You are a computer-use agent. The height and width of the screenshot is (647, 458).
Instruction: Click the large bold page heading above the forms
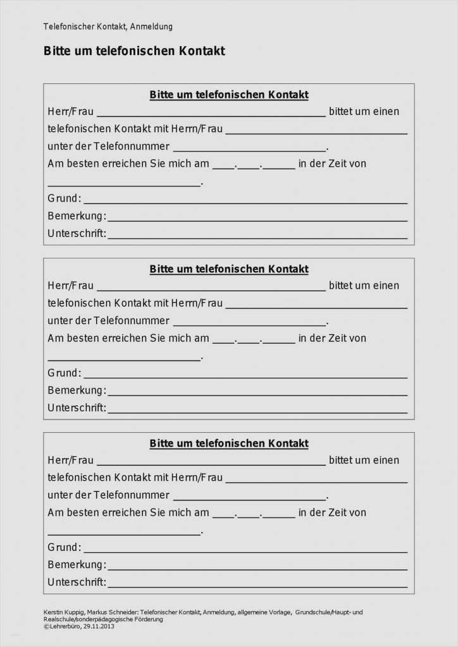click(x=134, y=51)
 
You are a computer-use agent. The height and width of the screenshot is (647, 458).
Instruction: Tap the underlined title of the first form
click(x=229, y=95)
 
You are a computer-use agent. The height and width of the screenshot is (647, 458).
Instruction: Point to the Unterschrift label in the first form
click(x=77, y=234)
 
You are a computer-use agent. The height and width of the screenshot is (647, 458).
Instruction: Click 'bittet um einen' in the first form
click(x=364, y=111)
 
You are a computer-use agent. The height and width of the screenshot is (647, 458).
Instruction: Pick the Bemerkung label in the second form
click(x=77, y=390)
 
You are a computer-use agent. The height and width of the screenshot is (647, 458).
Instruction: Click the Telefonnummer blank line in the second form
click(x=250, y=323)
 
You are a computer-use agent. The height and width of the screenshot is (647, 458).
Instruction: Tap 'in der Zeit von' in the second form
click(x=332, y=338)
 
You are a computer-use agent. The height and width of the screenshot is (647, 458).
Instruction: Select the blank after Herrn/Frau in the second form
click(x=316, y=306)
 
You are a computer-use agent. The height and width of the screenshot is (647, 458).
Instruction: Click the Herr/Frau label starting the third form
click(x=70, y=460)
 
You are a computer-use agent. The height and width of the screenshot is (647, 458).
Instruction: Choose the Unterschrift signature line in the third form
click(x=257, y=585)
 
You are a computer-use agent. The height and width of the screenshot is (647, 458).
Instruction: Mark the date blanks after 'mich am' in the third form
click(x=254, y=515)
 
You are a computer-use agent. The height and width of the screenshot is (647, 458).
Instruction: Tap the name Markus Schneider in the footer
click(x=113, y=612)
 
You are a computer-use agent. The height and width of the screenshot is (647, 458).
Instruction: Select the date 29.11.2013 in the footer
click(x=99, y=626)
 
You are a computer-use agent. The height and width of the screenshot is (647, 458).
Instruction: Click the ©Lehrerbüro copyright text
click(x=62, y=626)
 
